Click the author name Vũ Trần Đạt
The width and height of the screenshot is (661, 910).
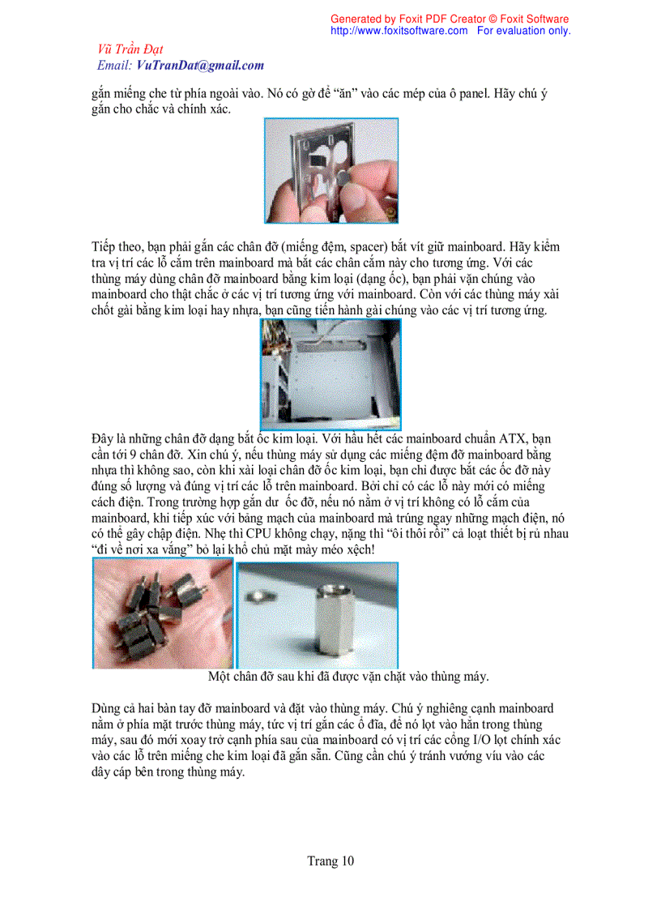pos(130,50)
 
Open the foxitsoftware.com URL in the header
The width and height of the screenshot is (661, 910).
pos(399,31)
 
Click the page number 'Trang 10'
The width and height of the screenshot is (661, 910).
pos(330,861)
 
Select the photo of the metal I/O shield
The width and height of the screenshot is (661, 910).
pos(330,170)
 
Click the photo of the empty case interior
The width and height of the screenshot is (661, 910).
pos(330,373)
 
